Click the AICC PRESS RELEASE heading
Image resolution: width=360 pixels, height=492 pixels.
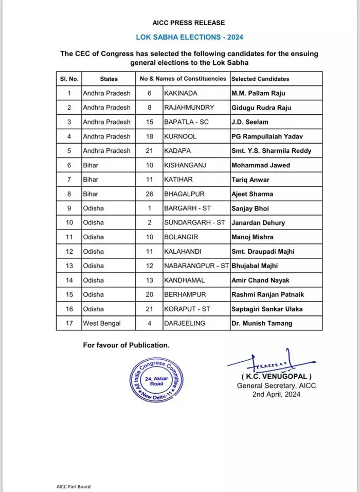(x=188, y=23)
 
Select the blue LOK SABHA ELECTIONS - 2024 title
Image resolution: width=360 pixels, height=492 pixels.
(x=189, y=37)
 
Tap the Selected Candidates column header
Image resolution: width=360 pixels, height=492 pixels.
(x=260, y=79)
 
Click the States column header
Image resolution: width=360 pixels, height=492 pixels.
(x=109, y=79)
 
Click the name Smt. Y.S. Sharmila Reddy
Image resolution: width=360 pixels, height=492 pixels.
(x=271, y=151)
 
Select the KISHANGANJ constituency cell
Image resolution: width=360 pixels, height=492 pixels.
(x=184, y=165)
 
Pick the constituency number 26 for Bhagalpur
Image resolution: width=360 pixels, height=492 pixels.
(x=149, y=194)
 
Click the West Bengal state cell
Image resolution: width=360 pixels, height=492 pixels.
(x=103, y=324)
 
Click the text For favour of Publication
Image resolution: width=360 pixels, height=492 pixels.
(x=126, y=345)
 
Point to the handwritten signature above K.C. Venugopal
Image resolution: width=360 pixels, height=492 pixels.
(x=268, y=362)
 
